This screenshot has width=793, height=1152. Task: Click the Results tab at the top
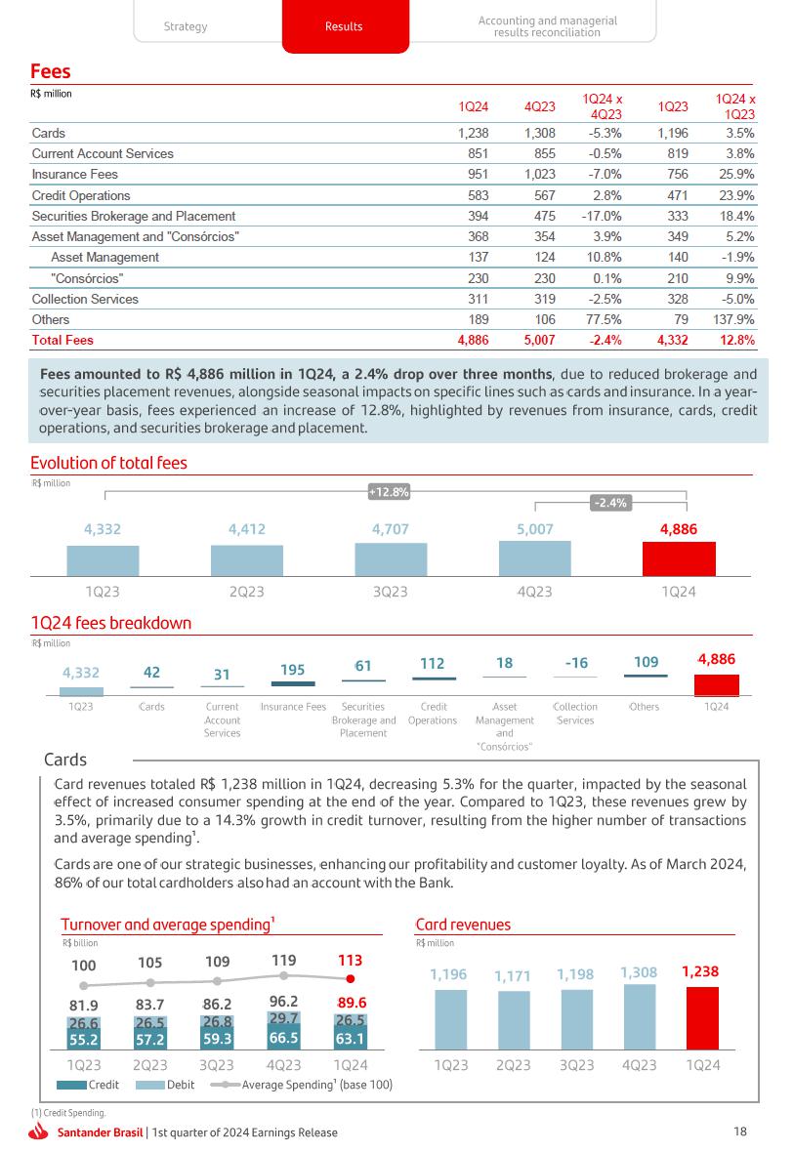click(x=344, y=26)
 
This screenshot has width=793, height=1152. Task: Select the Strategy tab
click(x=186, y=26)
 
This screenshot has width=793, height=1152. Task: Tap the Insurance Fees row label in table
click(x=75, y=174)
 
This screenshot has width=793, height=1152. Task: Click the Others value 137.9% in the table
click(x=734, y=319)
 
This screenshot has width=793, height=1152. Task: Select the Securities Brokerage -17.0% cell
click(x=601, y=216)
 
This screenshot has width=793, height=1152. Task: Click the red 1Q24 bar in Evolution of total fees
click(x=679, y=559)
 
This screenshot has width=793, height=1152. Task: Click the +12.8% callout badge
click(x=388, y=493)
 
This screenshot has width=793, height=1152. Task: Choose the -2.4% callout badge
click(x=611, y=503)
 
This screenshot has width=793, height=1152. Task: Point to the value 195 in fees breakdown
click(x=293, y=670)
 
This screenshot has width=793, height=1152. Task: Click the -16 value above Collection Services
click(x=576, y=663)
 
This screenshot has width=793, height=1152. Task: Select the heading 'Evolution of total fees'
click(x=108, y=463)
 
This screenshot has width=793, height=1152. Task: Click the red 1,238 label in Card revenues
click(x=700, y=971)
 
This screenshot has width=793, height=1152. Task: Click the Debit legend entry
click(x=167, y=1085)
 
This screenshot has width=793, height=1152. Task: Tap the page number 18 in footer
click(x=739, y=1131)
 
